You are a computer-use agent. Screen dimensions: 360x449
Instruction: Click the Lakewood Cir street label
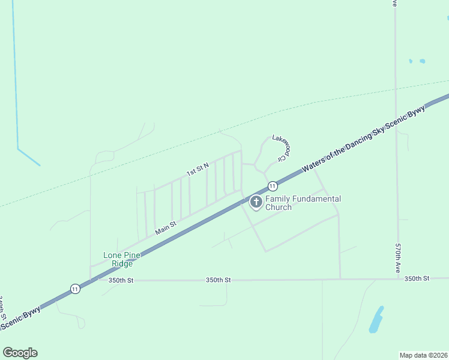[x=281, y=146]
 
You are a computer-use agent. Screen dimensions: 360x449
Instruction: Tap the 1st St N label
[x=197, y=169]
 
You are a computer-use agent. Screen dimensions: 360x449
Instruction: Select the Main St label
[x=166, y=228]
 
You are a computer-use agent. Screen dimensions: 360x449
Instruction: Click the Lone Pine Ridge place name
[x=122, y=259]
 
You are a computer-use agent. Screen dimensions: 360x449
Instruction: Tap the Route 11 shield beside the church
[x=273, y=186]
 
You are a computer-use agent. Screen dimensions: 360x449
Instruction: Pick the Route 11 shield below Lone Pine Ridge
[x=74, y=289]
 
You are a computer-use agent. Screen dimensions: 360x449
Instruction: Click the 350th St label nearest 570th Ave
[x=417, y=279]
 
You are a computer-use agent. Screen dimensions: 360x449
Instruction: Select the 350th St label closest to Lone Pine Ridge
[x=121, y=280]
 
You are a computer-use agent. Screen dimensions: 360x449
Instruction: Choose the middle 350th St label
[x=218, y=280]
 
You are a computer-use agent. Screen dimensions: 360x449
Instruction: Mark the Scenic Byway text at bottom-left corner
[x=20, y=319]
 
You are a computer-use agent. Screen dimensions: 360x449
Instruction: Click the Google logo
[x=20, y=353]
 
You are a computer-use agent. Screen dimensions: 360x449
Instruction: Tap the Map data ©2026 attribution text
[x=423, y=355]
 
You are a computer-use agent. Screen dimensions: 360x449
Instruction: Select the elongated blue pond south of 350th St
[x=376, y=320]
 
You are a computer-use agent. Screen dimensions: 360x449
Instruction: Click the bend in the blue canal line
[x=18, y=148]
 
